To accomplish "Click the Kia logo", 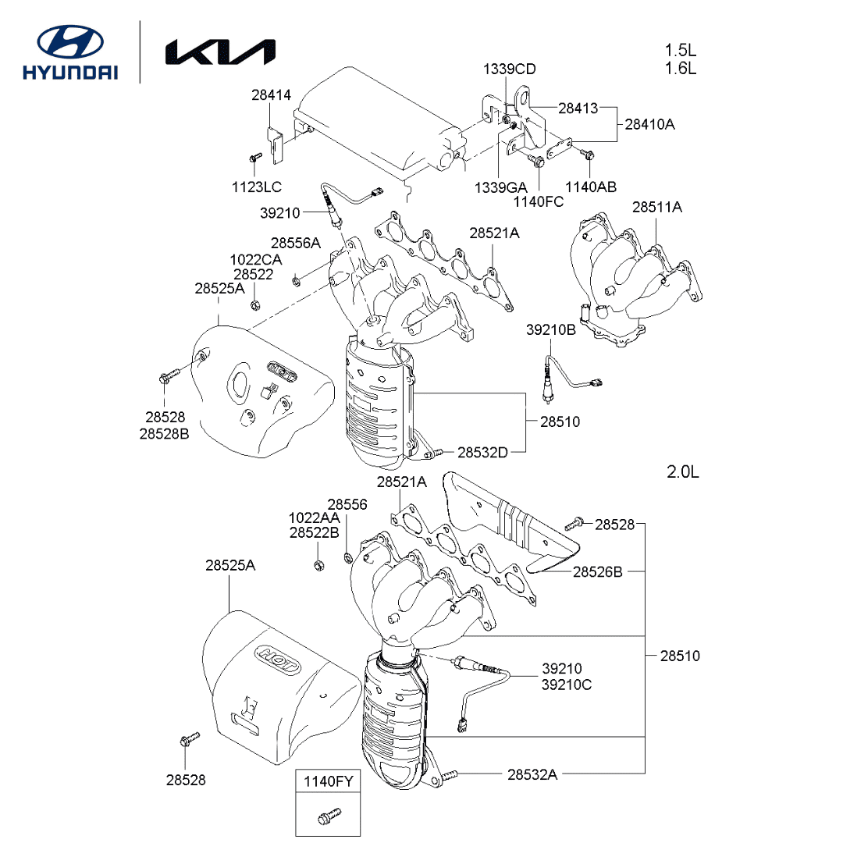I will (220, 52).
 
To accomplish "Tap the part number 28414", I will (271, 95).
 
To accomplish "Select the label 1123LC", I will (256, 187).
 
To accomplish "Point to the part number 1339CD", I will (509, 69).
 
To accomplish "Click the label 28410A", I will (649, 123).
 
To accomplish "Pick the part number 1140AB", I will (591, 187).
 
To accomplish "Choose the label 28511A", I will (656, 208).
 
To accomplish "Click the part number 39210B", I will (550, 330).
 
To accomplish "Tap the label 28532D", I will (482, 452).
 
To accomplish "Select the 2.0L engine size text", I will (683, 472).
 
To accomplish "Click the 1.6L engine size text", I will (681, 68).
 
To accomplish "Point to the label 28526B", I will (597, 572).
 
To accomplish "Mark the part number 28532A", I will (532, 774).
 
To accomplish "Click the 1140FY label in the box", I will (328, 781).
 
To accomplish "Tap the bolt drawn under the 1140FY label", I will (327, 817).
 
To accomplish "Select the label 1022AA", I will (314, 518).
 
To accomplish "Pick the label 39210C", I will (567, 685).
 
